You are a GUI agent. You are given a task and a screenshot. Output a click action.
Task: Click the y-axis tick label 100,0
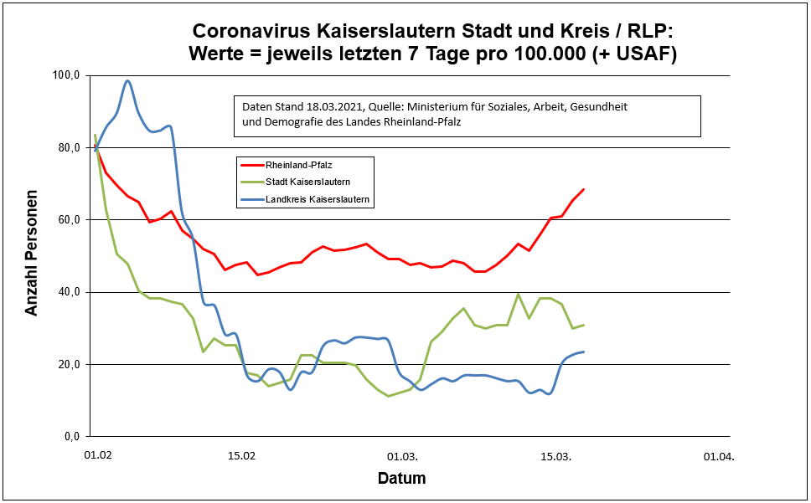click(66, 75)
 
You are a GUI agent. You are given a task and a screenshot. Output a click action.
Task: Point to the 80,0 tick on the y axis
click(68, 147)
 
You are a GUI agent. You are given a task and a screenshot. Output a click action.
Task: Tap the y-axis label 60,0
click(68, 219)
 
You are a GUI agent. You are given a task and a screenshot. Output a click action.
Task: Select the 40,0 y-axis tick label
click(68, 292)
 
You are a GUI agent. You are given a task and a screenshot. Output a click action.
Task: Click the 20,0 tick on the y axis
click(68, 364)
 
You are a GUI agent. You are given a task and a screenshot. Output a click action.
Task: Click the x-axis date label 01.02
click(98, 457)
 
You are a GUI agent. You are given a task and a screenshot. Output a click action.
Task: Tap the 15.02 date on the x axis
click(241, 457)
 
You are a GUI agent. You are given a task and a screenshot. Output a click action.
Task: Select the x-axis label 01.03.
click(402, 457)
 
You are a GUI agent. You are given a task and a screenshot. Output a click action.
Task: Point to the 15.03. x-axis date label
click(555, 457)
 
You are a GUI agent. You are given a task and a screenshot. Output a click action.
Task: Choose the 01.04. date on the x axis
click(717, 457)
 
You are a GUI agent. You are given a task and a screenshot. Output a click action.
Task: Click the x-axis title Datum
click(401, 479)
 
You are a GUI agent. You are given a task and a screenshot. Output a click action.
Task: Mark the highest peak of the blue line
click(127, 81)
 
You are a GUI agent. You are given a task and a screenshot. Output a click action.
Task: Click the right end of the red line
click(583, 189)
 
